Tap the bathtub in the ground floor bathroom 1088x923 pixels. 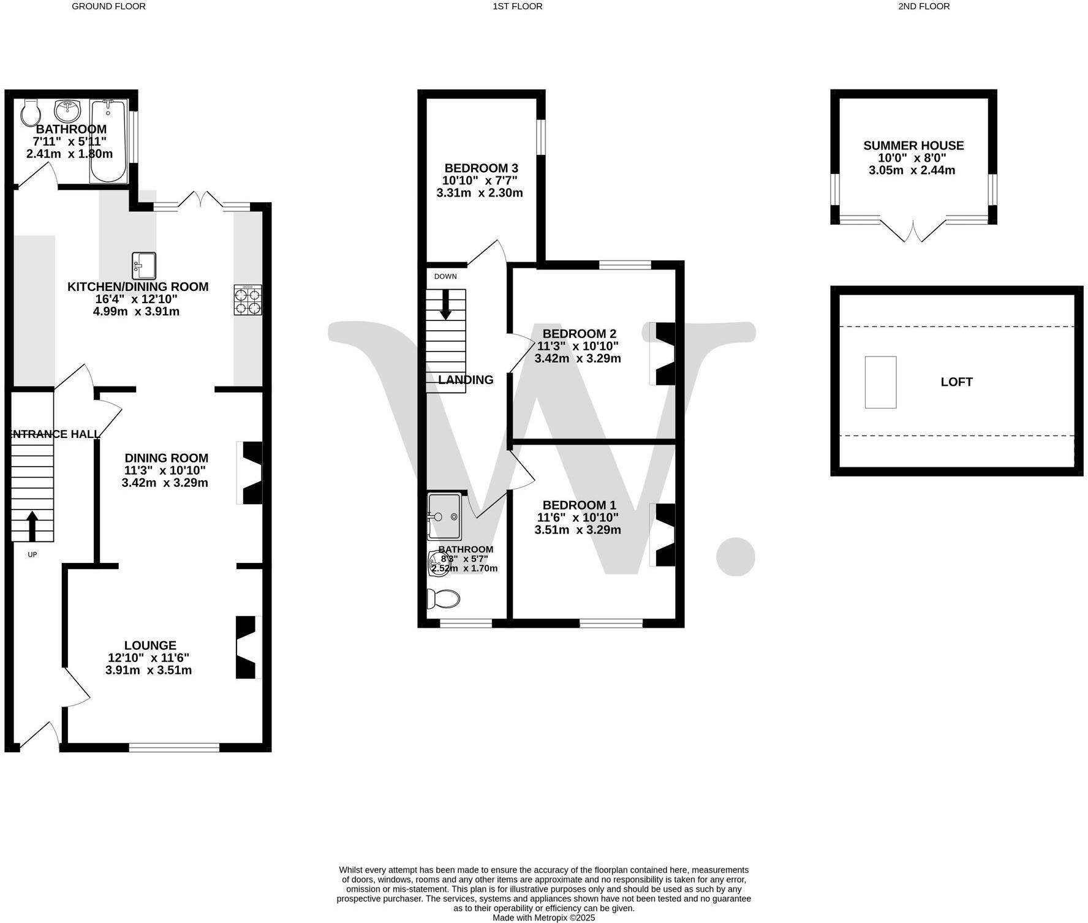[x=108, y=141]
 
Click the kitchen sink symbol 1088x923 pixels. [x=144, y=266]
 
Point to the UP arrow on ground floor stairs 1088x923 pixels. [x=32, y=526]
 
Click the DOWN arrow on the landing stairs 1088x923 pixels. [x=445, y=304]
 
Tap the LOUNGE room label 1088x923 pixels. [x=150, y=645]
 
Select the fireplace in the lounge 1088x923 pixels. [x=247, y=647]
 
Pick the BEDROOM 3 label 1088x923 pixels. [x=481, y=168]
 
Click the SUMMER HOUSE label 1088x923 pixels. [x=913, y=145]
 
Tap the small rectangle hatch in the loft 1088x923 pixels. [x=880, y=382]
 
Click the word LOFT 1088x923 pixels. [x=956, y=382]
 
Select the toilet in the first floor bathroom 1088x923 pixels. [x=444, y=598]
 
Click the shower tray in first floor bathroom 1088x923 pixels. [x=444, y=516]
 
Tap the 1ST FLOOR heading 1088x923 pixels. [x=517, y=6]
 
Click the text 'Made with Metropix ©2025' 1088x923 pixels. [x=543, y=917]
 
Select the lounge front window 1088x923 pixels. [x=174, y=747]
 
